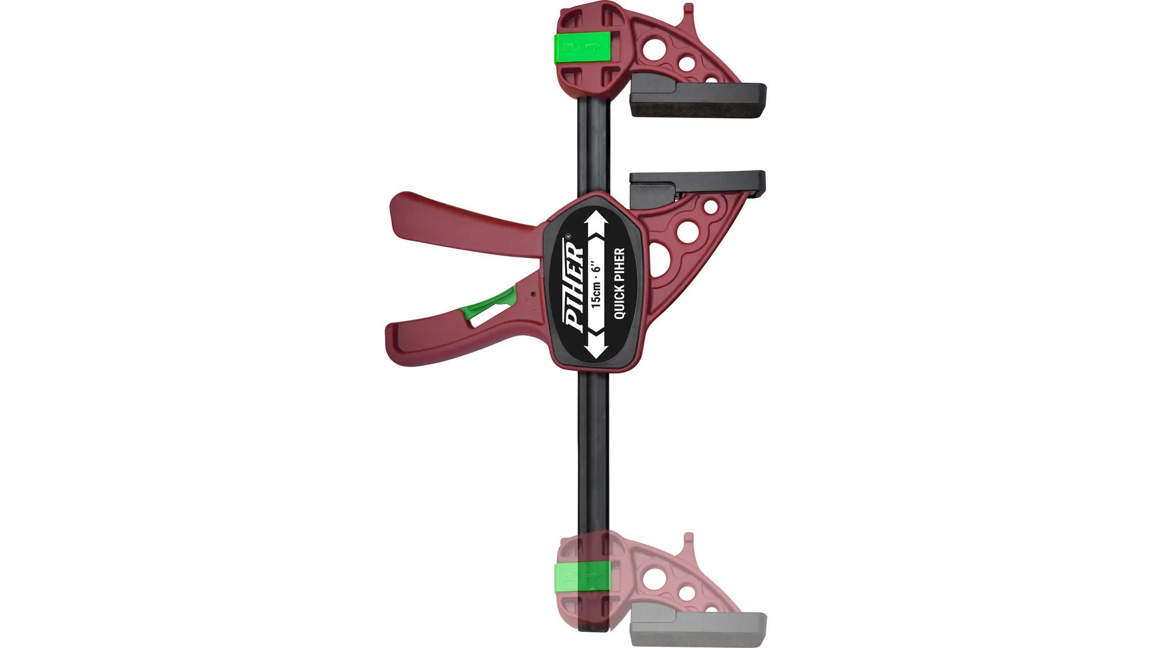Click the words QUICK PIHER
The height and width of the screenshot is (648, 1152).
pos(620,283)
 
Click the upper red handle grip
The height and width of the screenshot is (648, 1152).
pos(455,222)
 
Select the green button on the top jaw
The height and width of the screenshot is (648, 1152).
pos(583,48)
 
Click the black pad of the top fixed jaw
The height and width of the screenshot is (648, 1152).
pos(699,100)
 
